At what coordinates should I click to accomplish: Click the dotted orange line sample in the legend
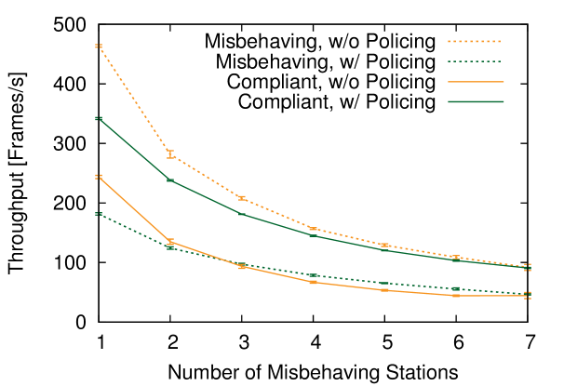click(x=475, y=42)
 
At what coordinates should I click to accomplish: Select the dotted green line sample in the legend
click(x=475, y=61)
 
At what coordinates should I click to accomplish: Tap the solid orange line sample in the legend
click(x=475, y=82)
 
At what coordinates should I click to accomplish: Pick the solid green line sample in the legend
click(x=475, y=101)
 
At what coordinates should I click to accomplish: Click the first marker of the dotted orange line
click(x=98, y=46)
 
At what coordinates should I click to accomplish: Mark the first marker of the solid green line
click(x=98, y=118)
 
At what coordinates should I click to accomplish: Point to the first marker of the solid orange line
click(x=98, y=177)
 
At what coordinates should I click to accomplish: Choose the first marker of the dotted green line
click(x=98, y=214)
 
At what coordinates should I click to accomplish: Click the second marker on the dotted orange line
click(x=170, y=154)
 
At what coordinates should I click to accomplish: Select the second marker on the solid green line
click(x=170, y=179)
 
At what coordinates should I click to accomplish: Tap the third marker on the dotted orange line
click(x=241, y=198)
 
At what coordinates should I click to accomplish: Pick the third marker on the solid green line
click(x=241, y=213)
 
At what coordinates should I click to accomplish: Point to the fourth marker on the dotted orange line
click(x=313, y=228)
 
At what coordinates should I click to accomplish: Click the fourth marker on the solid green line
click(x=313, y=235)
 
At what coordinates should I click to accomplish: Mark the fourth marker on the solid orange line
click(x=313, y=282)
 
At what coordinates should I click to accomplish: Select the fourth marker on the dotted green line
click(x=313, y=275)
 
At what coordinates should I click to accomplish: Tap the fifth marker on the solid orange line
click(x=384, y=290)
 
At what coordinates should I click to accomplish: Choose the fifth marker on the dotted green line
click(x=384, y=283)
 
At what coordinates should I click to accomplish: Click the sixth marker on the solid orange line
click(x=455, y=295)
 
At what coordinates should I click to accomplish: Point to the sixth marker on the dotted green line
click(x=455, y=288)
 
